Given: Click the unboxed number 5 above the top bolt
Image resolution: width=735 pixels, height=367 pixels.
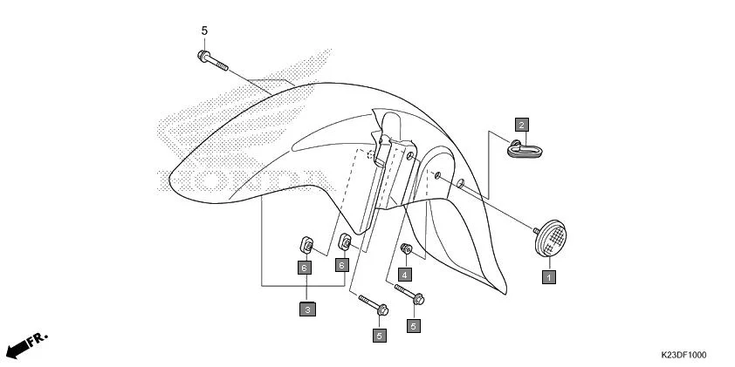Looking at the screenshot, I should (204, 31).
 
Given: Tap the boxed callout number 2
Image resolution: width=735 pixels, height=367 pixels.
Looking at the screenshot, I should (519, 124).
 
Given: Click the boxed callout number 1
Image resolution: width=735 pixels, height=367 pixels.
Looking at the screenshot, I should (548, 277).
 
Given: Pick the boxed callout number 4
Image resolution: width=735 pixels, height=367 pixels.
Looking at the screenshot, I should (404, 273).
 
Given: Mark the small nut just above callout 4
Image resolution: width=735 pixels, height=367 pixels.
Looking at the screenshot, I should (405, 250).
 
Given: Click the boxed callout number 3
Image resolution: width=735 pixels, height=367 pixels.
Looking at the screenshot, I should (307, 308).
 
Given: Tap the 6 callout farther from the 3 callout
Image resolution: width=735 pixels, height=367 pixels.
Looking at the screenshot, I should (343, 264).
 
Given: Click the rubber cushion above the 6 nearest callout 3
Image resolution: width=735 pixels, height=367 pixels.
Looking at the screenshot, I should (306, 241).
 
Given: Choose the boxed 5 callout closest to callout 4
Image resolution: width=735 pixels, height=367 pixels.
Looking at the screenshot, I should (415, 326).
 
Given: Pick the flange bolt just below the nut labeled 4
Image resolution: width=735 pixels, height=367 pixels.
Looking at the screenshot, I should (409, 297).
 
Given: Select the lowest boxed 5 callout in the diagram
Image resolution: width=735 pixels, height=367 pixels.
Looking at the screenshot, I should (379, 334).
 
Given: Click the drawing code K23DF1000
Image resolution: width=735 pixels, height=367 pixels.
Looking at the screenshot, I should (683, 355).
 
